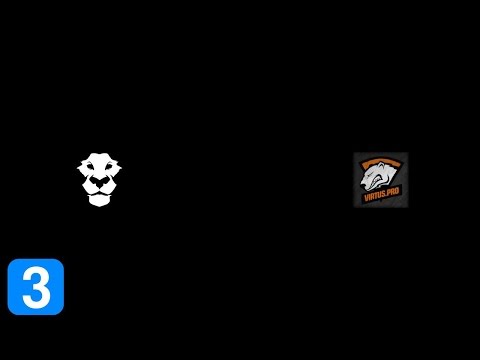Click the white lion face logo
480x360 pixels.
click(98, 180)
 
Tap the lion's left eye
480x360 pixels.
click(90, 175)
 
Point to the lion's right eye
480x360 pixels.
click(107, 175)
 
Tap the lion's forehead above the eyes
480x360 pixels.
click(98, 163)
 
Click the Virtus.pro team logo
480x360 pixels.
click(380, 180)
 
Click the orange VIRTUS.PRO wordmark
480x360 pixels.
click(380, 199)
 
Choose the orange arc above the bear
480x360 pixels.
click(380, 161)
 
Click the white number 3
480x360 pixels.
click(35, 287)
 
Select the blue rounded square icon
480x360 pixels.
click(35, 287)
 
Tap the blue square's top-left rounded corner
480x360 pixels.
click(12, 263)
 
